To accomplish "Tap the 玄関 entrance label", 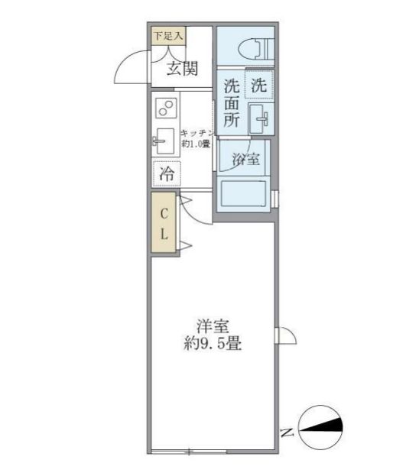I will click(183, 69).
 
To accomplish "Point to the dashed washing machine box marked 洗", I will click(259, 86).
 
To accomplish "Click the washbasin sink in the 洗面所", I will click(260, 119).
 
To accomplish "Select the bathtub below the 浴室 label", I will click(242, 194).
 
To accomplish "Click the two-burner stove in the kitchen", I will click(165, 109).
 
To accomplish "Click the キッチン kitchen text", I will click(196, 132).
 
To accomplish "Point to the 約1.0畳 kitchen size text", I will click(195, 144).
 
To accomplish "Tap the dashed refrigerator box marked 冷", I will click(166, 174).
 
